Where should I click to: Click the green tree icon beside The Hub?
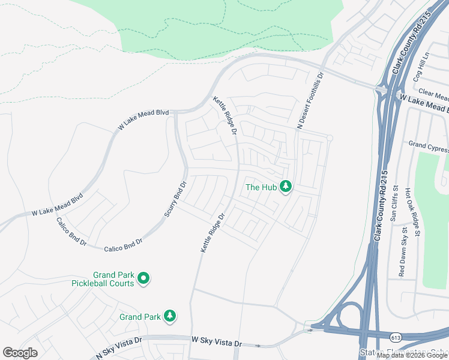(286, 187)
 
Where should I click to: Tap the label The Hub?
(261, 187)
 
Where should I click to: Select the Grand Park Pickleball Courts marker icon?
(143, 278)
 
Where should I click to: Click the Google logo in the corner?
(20, 353)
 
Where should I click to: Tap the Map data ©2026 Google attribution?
(412, 356)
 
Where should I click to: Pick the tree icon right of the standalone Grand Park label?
(170, 316)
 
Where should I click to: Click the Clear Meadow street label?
(433, 94)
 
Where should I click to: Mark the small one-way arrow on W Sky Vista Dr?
(258, 346)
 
